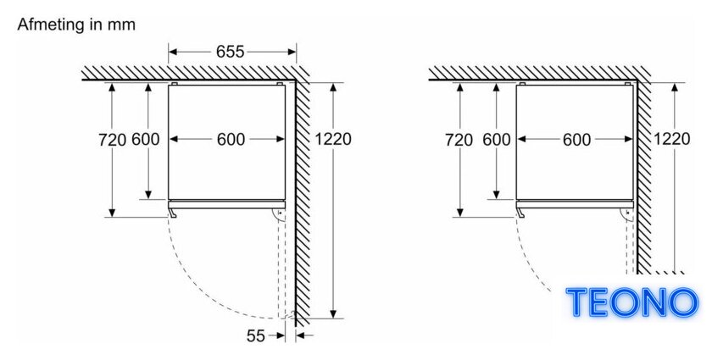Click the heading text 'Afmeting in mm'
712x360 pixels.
(x=76, y=25)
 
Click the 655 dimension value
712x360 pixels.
(x=231, y=52)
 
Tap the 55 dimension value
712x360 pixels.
(x=256, y=336)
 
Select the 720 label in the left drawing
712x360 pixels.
(x=112, y=140)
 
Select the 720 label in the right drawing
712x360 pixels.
(x=459, y=140)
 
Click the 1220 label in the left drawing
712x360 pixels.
(x=333, y=139)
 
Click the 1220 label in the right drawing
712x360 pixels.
(x=671, y=139)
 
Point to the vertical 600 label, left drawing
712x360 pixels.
(x=146, y=140)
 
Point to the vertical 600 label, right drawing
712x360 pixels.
(x=497, y=140)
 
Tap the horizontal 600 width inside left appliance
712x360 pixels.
(x=231, y=140)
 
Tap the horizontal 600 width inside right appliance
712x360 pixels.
(x=576, y=140)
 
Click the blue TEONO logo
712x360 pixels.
(x=631, y=302)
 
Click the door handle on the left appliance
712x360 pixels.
(x=173, y=213)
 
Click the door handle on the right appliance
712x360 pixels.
(x=520, y=213)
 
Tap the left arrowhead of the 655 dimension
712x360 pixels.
(x=172, y=52)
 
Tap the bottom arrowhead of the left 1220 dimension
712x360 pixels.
(x=333, y=313)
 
